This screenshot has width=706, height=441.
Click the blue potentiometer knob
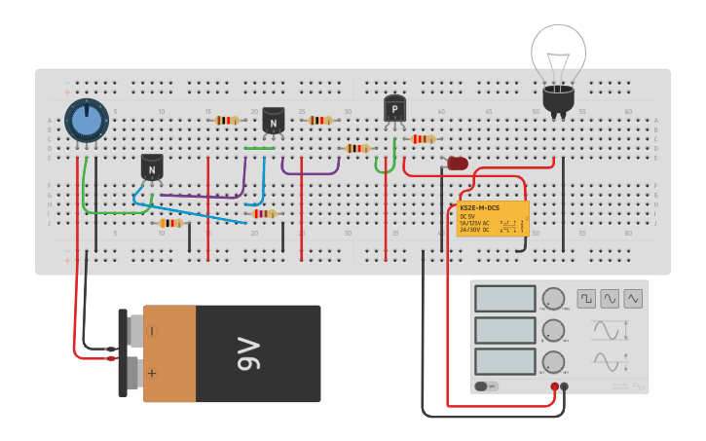click(x=87, y=121)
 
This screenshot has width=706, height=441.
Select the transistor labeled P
click(x=394, y=109)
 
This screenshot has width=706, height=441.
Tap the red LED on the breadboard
click(x=457, y=164)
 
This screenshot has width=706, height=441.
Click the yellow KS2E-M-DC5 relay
click(x=493, y=219)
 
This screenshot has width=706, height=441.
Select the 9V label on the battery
click(x=248, y=353)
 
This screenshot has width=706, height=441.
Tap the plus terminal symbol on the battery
click(x=152, y=373)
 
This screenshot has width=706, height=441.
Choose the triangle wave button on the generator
click(x=634, y=298)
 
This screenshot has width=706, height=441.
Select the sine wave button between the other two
click(x=610, y=298)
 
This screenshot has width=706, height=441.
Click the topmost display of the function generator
click(x=504, y=298)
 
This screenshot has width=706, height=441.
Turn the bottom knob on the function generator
click(x=553, y=362)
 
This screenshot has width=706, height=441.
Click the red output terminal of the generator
click(x=554, y=386)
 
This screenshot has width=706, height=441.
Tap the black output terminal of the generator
click(x=564, y=386)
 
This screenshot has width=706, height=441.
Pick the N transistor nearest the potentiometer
click(x=151, y=167)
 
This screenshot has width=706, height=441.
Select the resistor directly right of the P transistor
click(x=422, y=139)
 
